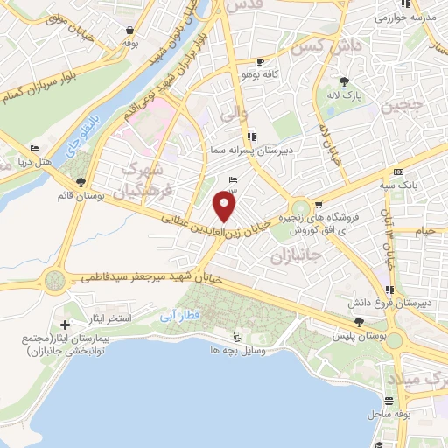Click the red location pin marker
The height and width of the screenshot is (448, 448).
[225, 207]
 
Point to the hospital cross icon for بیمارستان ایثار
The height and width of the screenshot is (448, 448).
[66, 325]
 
